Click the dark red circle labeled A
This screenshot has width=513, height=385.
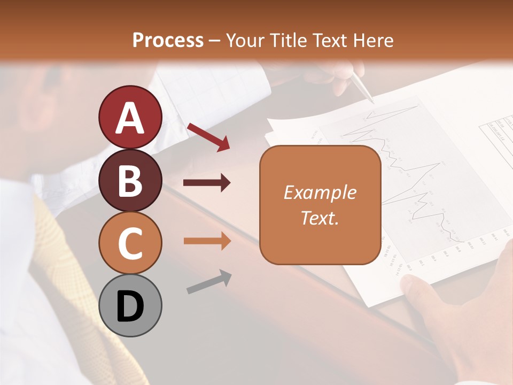point(130,118)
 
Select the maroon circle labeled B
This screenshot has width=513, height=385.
point(130,181)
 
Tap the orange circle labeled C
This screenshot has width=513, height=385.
point(130,243)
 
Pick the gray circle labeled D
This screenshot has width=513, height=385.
point(130,306)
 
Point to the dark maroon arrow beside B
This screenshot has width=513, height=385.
point(207,183)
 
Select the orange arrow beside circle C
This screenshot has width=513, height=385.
point(207,241)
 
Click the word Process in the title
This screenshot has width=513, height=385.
point(168,41)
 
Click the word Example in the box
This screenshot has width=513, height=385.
point(320,193)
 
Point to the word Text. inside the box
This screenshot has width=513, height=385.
point(320,218)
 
